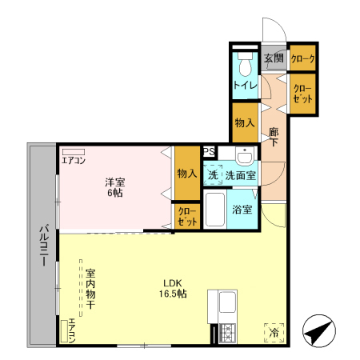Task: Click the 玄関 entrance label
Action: (x=274, y=58)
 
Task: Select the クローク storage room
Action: (x=302, y=58)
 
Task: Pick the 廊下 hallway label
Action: (x=274, y=137)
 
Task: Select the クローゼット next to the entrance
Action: (x=302, y=93)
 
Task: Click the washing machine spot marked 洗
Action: (x=214, y=174)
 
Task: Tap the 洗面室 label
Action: (x=239, y=174)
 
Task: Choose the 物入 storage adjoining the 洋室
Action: (x=187, y=173)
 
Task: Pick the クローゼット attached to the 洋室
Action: (x=186, y=216)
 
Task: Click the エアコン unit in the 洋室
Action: (x=74, y=151)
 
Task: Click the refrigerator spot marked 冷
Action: (x=273, y=330)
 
